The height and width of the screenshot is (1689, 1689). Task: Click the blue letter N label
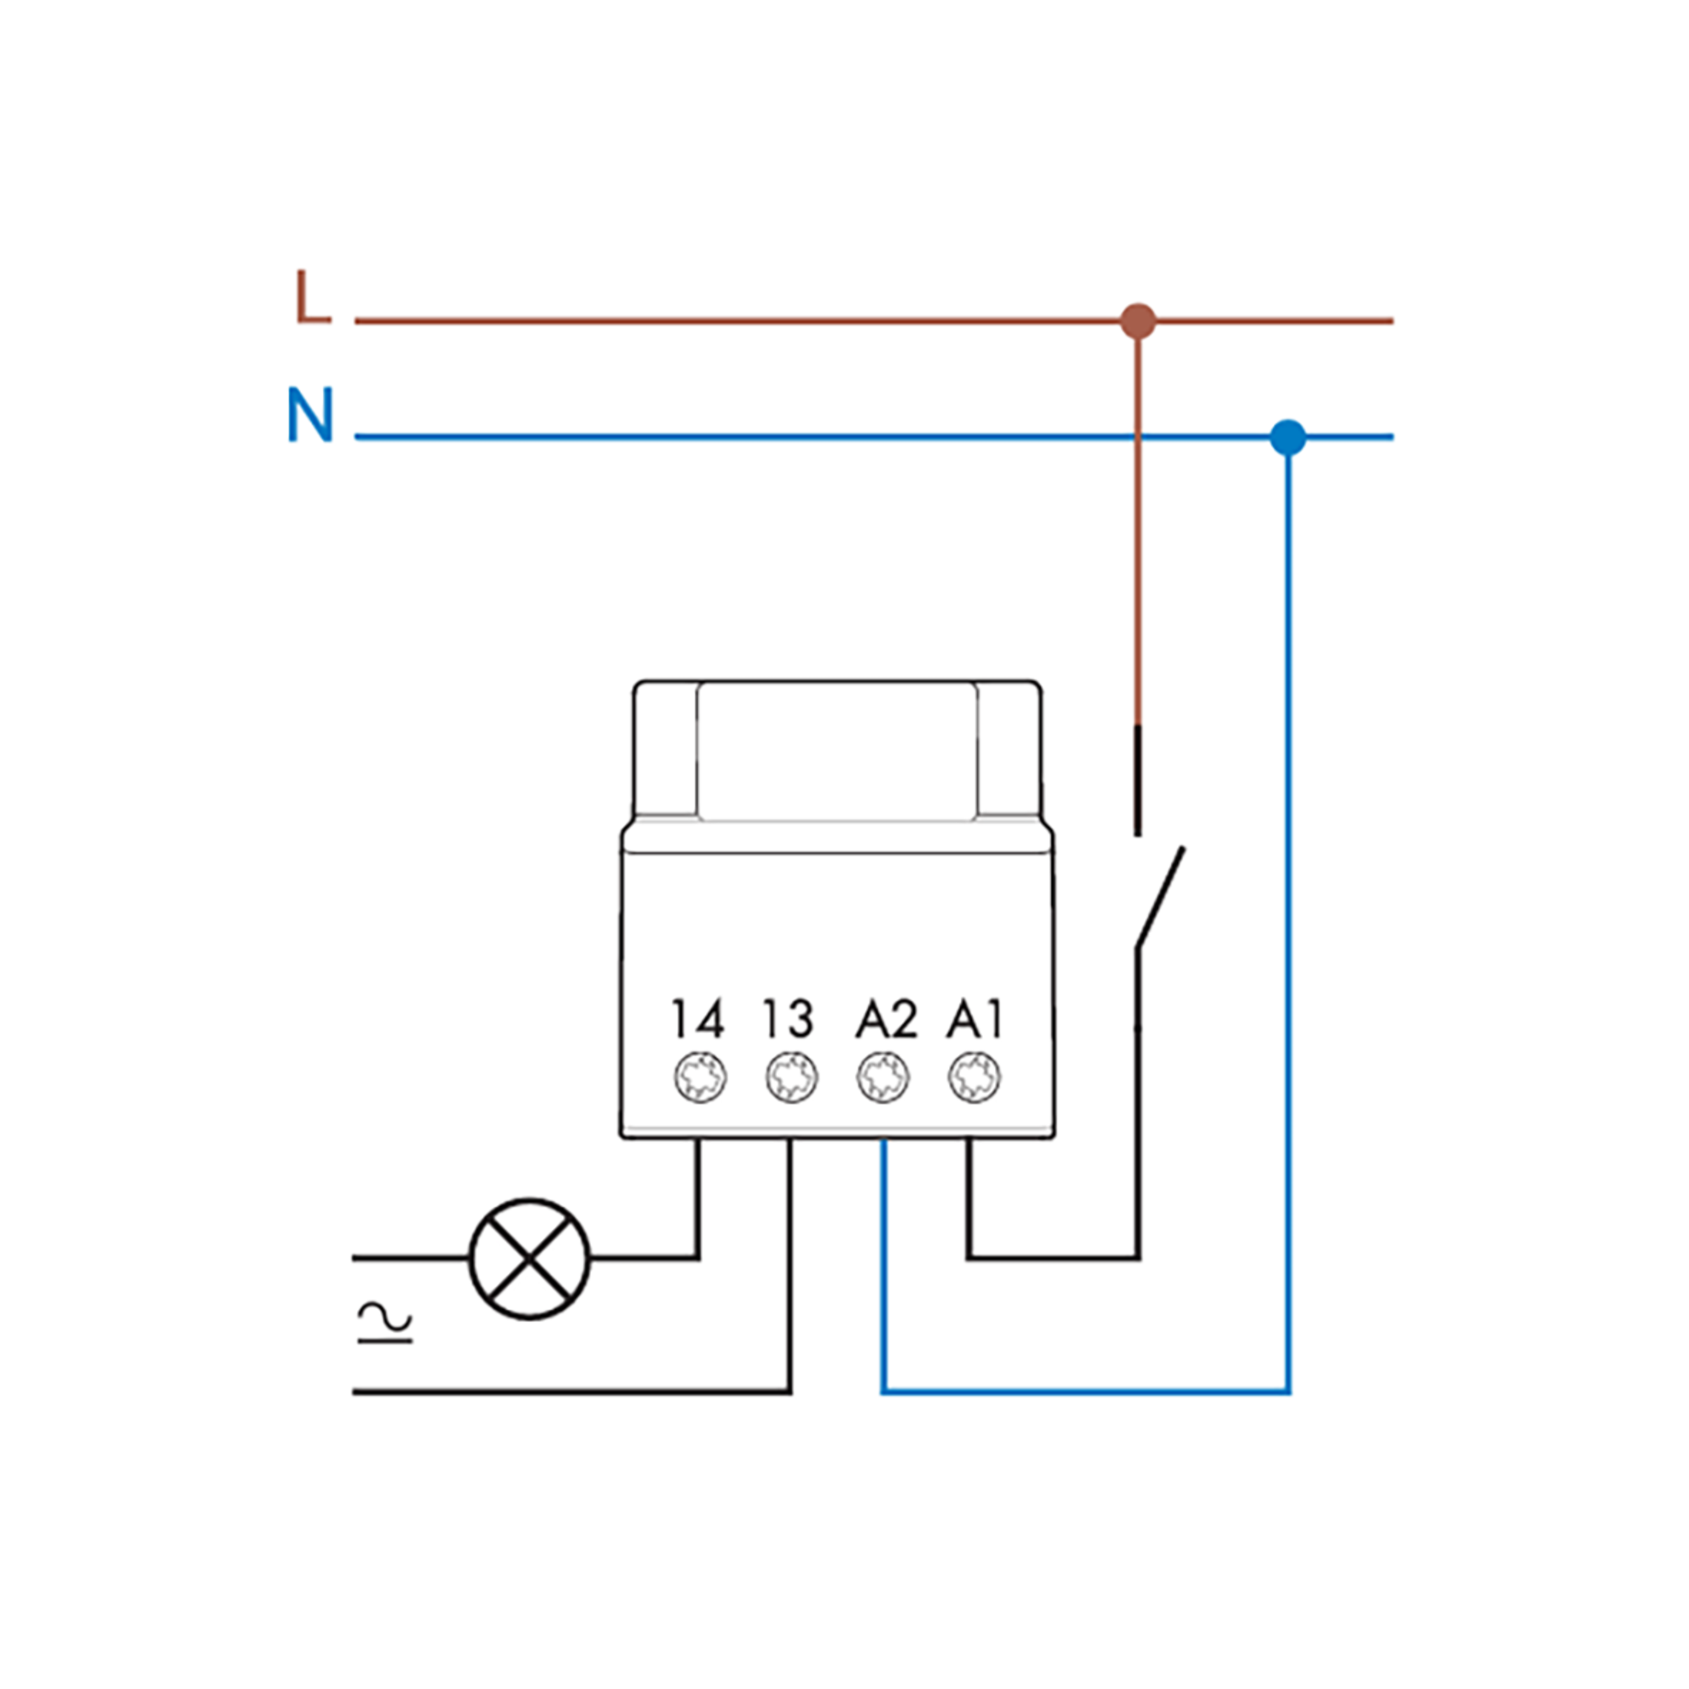click(x=310, y=415)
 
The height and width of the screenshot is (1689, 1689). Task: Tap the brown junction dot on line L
click(x=1137, y=321)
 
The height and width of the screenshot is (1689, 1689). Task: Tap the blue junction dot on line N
click(x=1288, y=437)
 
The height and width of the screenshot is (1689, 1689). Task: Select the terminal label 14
click(x=697, y=1018)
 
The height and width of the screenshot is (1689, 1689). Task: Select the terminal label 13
click(x=788, y=1018)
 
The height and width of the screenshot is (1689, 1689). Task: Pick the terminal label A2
click(x=885, y=1018)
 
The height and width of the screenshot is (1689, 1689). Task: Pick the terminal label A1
click(x=975, y=1018)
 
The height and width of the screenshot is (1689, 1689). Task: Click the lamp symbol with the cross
click(x=530, y=1259)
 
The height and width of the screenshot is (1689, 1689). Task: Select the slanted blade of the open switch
click(x=1160, y=896)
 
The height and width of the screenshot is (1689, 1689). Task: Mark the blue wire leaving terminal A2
click(x=884, y=1267)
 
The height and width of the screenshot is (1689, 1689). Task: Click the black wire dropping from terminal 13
click(x=790, y=1267)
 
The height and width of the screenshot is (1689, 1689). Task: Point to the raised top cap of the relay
click(x=837, y=752)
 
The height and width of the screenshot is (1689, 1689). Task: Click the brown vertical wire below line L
click(x=1137, y=524)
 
